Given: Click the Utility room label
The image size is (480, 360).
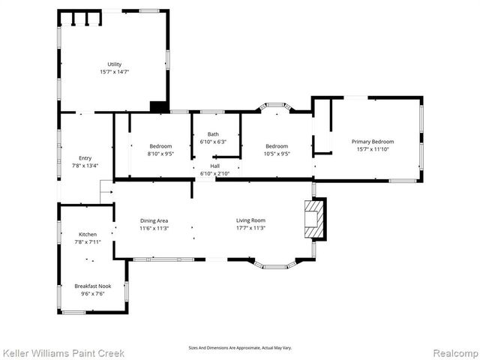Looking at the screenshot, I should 114,64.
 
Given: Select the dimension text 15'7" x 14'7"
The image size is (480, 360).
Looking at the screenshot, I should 114,72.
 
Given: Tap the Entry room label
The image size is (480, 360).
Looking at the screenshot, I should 85,157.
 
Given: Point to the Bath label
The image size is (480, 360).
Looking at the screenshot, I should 214,134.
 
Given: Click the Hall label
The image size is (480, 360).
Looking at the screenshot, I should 215,166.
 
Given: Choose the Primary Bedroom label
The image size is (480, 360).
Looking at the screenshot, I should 373,141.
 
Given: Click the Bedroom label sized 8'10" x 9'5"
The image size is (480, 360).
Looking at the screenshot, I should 160,145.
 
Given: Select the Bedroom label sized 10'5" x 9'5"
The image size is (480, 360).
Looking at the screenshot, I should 276,145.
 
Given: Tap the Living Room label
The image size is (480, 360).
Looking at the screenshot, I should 251,220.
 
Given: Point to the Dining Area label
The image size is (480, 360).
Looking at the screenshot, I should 154,220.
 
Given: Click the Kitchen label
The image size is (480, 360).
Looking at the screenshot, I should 88,234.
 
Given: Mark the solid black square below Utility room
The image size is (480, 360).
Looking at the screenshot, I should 158,106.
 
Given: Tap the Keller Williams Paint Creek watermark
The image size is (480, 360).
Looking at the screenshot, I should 63,352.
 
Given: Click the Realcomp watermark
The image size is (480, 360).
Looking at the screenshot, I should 454,352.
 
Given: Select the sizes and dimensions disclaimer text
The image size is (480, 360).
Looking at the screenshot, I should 240,348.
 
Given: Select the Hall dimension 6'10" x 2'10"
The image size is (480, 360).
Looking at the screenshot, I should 215,173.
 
